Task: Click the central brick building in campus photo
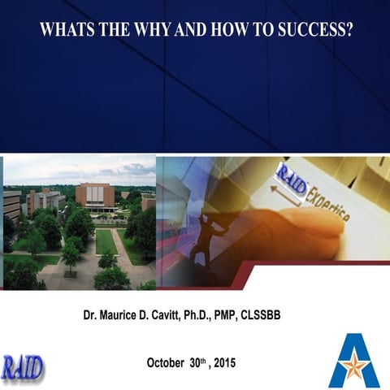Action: click(95, 195)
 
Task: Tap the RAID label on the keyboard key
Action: click(291, 180)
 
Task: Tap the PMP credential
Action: click(264, 314)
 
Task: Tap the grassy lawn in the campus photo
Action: click(106, 241)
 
